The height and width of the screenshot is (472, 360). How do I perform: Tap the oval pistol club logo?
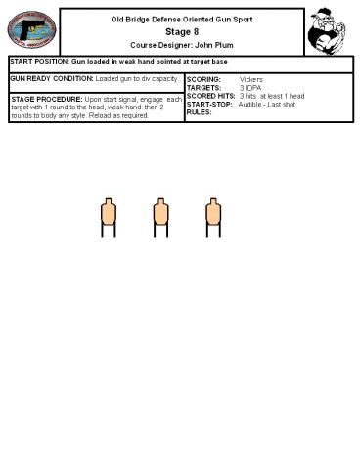(x=32, y=31)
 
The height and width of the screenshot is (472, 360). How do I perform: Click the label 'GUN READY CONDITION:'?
(x=52, y=77)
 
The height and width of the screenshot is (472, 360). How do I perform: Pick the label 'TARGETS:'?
(x=203, y=87)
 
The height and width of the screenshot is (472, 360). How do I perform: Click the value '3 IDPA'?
(x=250, y=87)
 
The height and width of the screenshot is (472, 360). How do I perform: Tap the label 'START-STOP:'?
(x=209, y=104)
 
